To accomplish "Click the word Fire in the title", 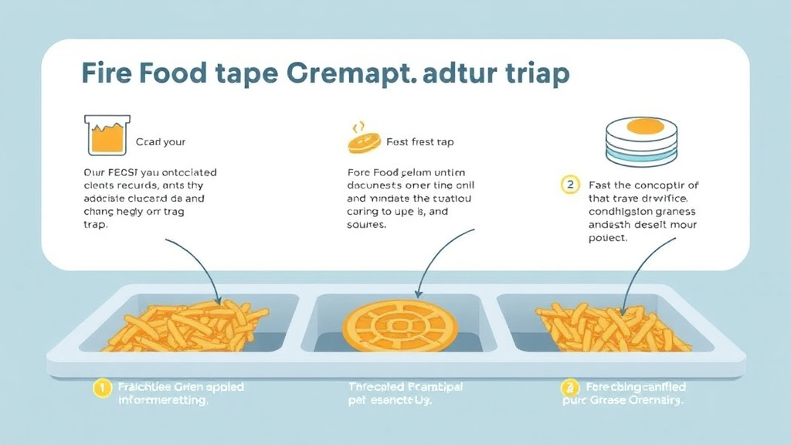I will click(108, 74).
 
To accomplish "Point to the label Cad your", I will click(161, 142).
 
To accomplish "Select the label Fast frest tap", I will click(419, 142).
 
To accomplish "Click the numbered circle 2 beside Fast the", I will click(569, 185).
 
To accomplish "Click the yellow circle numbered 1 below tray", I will click(101, 388).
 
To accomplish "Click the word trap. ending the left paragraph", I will click(95, 226).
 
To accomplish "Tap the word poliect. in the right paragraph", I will click(608, 239).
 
